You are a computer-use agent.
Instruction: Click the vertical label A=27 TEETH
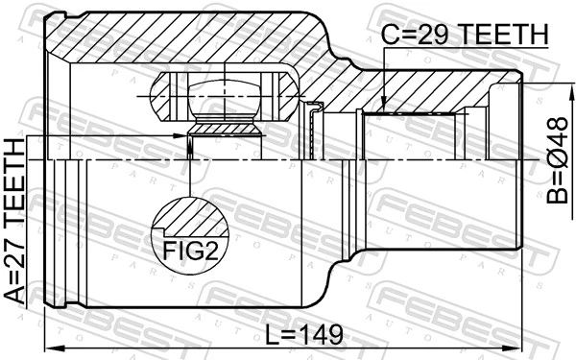point(16,222)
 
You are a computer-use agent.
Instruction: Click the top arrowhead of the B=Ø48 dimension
point(534,76)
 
